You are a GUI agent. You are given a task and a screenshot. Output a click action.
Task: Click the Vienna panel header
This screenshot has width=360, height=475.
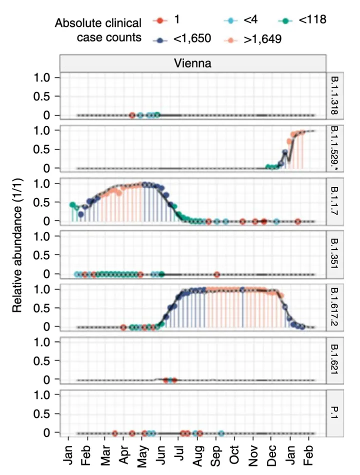coord(192,63)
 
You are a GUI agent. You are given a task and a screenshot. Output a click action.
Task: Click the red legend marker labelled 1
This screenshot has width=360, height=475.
coord(159,20)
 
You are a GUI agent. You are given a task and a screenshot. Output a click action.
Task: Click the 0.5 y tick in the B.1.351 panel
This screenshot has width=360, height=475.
coord(44,254)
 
